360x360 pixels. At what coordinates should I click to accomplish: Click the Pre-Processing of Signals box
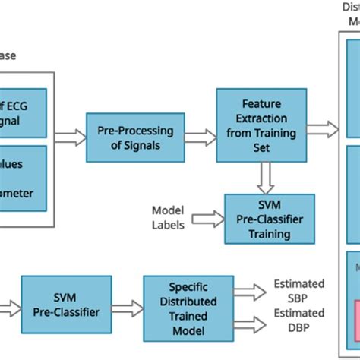(124, 137)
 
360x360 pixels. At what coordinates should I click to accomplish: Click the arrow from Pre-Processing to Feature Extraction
(201, 137)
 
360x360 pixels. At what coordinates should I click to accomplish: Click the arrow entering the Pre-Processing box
(70, 137)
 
